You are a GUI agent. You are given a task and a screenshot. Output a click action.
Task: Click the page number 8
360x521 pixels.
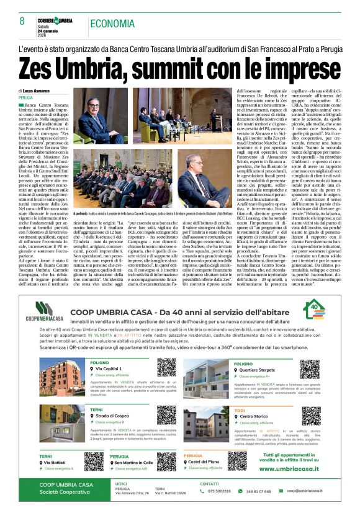point(22,21)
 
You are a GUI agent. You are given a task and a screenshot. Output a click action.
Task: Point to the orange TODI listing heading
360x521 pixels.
point(240,410)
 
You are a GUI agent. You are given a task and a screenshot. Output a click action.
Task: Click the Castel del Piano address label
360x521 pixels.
point(207,462)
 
